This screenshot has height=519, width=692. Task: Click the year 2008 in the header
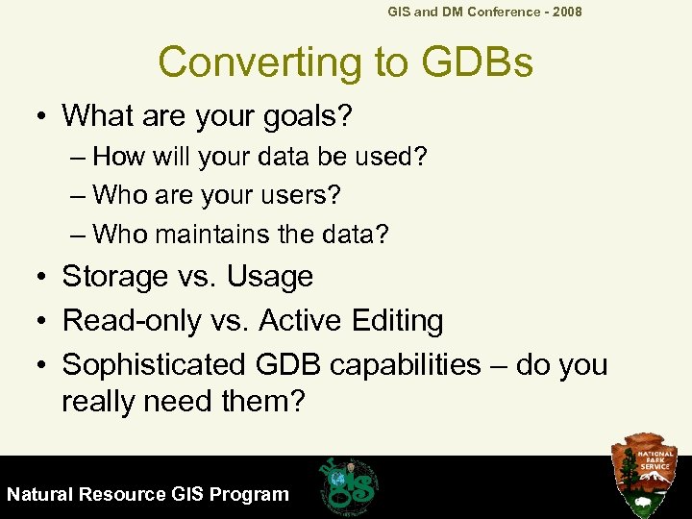click(564, 12)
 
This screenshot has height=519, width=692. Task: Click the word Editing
click(395, 321)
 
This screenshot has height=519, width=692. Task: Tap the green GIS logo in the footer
click(349, 485)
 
